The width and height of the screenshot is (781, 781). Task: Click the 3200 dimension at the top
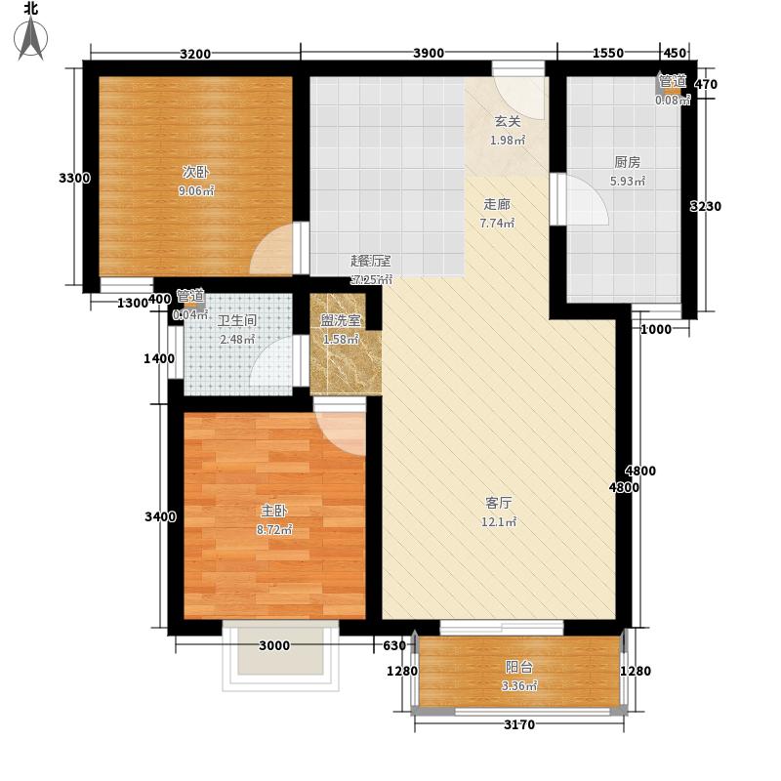(x=195, y=53)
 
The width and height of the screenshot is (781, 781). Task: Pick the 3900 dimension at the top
(x=429, y=53)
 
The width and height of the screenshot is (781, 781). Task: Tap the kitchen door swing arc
(x=586, y=202)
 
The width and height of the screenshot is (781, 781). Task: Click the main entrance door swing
(x=520, y=94)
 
